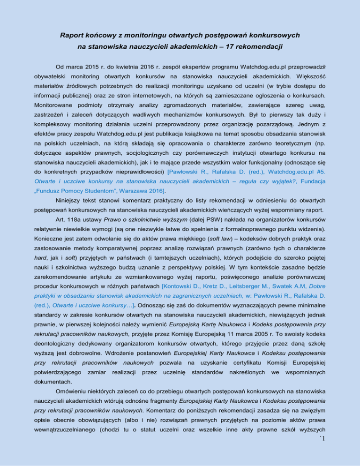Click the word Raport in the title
coord(73,35)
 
